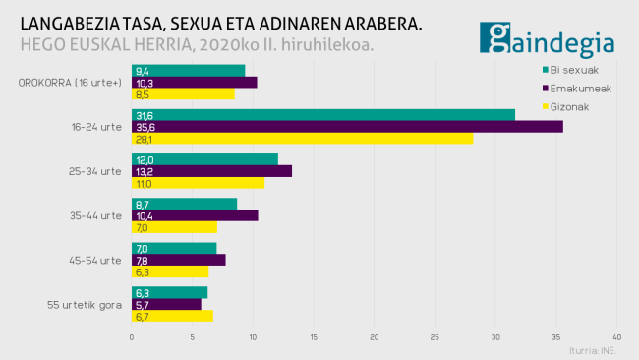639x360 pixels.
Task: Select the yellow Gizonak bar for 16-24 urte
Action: coord(302,139)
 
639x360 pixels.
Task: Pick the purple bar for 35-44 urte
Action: coord(194,214)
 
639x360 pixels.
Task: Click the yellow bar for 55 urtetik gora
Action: coord(172,316)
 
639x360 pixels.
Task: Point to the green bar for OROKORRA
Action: coord(188,70)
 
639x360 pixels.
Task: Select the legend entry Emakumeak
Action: coord(579,88)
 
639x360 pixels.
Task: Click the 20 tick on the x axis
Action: coord(375,337)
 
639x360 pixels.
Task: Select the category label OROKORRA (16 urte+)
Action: coord(70,83)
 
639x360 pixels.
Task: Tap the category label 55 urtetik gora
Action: coord(85,304)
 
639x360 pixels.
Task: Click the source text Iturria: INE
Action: coord(594,350)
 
